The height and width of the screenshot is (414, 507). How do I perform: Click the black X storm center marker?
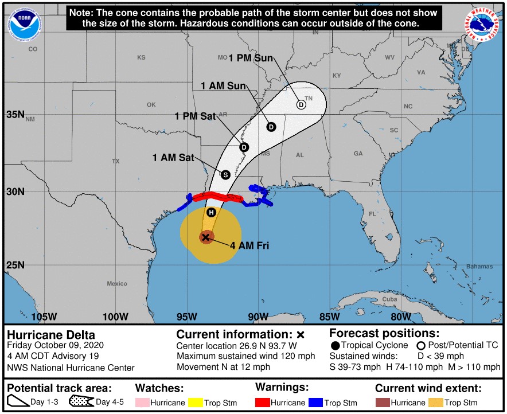click(206, 237)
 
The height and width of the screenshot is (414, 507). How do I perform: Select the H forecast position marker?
click(211, 213)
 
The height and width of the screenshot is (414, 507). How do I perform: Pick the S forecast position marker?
click(225, 174)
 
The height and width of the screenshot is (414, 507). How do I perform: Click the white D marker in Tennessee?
click(301, 105)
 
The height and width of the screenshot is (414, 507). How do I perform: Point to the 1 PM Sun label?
click(251, 58)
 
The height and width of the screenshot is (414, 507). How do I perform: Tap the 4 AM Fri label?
click(249, 246)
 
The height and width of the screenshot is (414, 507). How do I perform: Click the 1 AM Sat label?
click(173, 157)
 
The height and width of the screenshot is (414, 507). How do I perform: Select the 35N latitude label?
click(15, 114)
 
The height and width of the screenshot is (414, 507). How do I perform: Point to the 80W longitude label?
click(400, 317)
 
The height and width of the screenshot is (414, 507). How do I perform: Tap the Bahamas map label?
click(479, 267)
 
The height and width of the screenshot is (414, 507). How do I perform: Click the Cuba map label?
click(389, 299)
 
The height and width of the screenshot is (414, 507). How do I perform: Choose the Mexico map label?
click(116, 284)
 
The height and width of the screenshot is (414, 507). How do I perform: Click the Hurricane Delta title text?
click(51, 335)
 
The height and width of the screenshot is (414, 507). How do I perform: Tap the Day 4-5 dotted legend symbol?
click(81, 402)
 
